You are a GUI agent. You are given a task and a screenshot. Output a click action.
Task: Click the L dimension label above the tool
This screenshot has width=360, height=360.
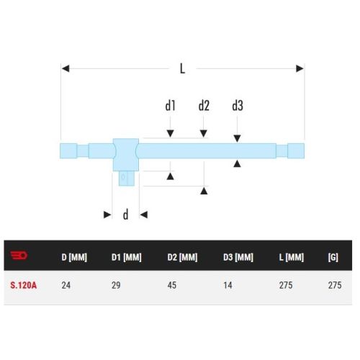182,69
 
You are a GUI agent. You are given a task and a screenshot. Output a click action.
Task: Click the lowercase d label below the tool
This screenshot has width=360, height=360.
125,215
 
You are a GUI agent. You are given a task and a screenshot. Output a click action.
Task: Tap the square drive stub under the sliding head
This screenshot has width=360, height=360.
125,176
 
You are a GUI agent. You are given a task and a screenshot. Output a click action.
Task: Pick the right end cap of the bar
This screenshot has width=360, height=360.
295,150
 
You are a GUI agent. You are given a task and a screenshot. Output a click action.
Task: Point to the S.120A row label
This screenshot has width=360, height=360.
24,285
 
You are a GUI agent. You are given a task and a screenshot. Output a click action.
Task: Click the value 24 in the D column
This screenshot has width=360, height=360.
66,285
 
